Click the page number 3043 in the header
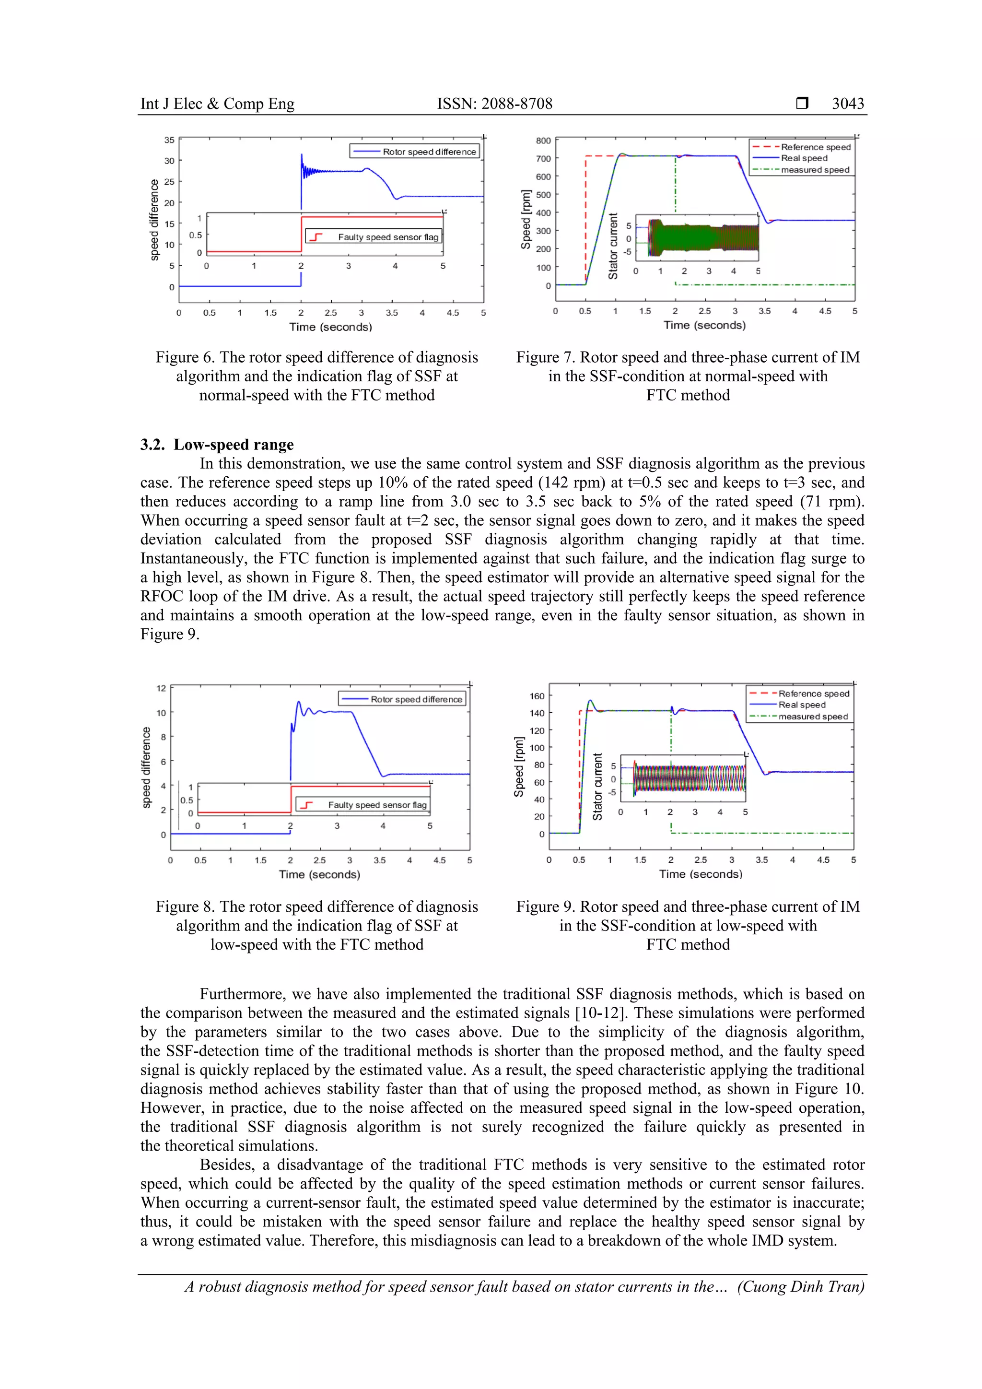tap(847, 104)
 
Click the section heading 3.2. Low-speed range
tap(217, 445)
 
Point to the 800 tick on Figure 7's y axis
tap(543, 141)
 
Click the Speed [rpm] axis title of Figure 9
tap(519, 767)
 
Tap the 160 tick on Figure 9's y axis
tap(537, 696)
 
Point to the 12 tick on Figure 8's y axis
tap(161, 688)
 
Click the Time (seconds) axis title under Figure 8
tap(319, 875)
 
